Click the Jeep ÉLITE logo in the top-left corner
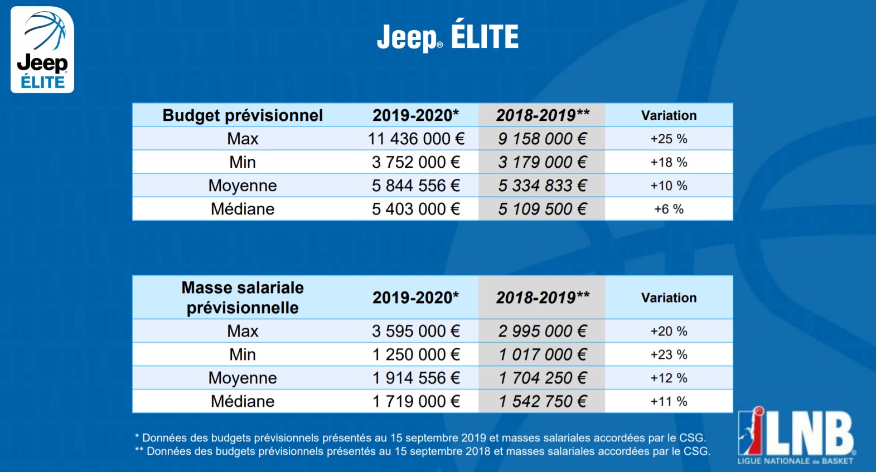pyautogui.click(x=42, y=50)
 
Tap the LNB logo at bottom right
pyautogui.click(x=796, y=436)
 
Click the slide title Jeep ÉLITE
pyautogui.click(x=448, y=37)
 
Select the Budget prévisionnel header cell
pyautogui.click(x=243, y=115)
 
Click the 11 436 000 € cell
pyautogui.click(x=416, y=139)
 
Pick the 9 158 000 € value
pyautogui.click(x=542, y=139)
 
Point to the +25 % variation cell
pyautogui.click(x=669, y=139)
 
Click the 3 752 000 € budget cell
pyautogui.click(x=416, y=162)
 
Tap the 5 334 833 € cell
pyautogui.click(x=542, y=186)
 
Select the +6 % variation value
pyautogui.click(x=669, y=209)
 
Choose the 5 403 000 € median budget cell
pyautogui.click(x=416, y=209)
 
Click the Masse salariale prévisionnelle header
pyautogui.click(x=243, y=298)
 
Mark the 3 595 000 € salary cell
pyautogui.click(x=416, y=331)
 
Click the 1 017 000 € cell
pyautogui.click(x=542, y=354)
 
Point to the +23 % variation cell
pyautogui.click(x=669, y=354)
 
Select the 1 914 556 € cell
pyautogui.click(x=416, y=378)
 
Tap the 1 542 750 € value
pyautogui.click(x=542, y=401)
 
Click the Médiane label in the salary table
pyautogui.click(x=243, y=401)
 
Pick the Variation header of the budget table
pyautogui.click(x=669, y=115)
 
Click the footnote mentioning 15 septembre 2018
pyautogui.click(x=423, y=451)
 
